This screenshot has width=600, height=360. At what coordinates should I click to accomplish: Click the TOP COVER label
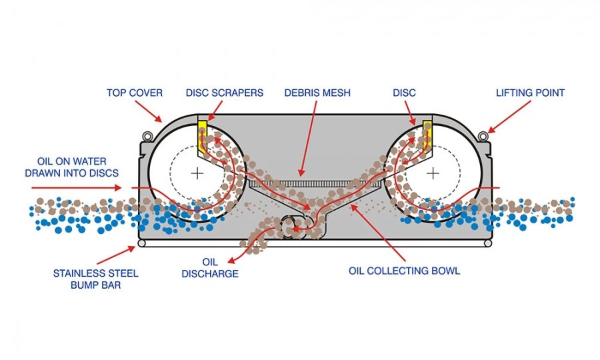click(134, 93)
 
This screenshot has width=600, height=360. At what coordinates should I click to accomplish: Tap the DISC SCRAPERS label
click(224, 93)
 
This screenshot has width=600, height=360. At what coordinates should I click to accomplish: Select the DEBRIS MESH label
click(317, 93)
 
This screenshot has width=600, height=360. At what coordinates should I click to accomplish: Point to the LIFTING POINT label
click(530, 93)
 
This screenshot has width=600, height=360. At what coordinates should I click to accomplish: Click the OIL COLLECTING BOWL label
click(404, 271)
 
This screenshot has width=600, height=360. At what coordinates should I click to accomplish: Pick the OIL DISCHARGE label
click(210, 268)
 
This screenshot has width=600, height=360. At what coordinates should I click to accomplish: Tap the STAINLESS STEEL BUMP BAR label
click(95, 279)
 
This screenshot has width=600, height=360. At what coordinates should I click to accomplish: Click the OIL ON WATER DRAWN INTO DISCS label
click(71, 167)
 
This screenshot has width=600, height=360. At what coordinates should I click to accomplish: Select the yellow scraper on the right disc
click(427, 134)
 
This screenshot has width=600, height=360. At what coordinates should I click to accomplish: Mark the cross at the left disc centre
click(197, 173)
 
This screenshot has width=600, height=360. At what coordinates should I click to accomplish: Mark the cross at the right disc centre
click(433, 173)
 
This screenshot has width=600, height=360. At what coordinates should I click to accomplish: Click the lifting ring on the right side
click(483, 136)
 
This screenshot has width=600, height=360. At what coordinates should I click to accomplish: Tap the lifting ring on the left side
click(147, 136)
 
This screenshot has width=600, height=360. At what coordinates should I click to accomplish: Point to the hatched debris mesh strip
click(314, 184)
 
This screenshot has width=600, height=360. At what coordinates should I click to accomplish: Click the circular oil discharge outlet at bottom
click(293, 227)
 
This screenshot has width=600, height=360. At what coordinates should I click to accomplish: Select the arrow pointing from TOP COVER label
click(148, 111)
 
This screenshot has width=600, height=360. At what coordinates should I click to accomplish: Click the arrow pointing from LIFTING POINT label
click(509, 117)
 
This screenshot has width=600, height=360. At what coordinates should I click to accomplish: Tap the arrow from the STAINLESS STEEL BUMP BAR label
click(116, 255)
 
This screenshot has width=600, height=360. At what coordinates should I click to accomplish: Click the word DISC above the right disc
click(404, 93)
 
